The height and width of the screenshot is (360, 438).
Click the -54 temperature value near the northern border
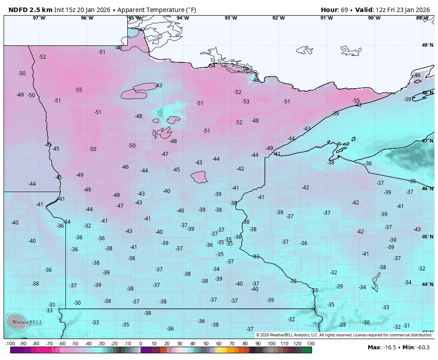212,66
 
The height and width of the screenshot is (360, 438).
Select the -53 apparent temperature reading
246,102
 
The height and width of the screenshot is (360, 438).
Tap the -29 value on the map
339,286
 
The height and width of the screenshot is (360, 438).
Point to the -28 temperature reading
342,325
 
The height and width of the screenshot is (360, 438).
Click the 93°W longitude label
231,18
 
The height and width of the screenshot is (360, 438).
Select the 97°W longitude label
39,18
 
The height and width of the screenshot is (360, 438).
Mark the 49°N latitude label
427,45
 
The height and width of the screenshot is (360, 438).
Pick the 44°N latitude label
427,284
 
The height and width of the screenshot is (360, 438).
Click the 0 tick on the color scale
141,344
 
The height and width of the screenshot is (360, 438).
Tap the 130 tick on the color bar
311,344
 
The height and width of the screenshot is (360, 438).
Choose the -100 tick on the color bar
10,344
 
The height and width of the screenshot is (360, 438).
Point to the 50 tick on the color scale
206,344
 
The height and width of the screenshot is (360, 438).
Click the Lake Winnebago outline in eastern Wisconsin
375,282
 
